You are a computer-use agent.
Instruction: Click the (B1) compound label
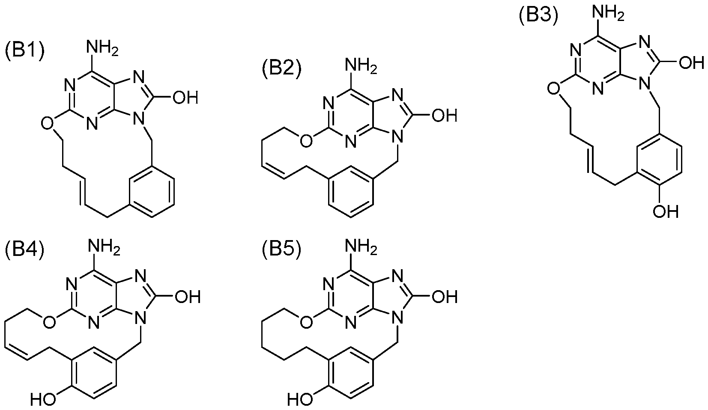(24, 51)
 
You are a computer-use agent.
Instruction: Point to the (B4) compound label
(24, 251)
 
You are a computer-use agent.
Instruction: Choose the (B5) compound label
(282, 251)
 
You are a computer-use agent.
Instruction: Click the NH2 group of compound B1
(104, 50)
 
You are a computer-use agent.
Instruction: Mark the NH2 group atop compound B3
(609, 14)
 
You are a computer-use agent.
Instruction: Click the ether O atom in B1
(48, 124)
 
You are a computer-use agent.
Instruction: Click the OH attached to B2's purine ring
(445, 116)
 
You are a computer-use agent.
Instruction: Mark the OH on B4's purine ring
(188, 297)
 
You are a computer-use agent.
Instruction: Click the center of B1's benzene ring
(152, 192)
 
